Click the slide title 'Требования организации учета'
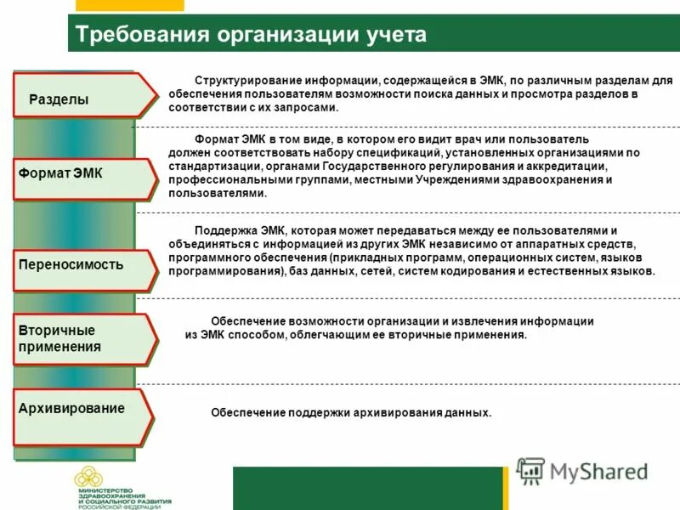tap(251, 36)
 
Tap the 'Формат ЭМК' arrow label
tap(59, 173)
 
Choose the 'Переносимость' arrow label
tap(71, 264)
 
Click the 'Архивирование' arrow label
tap(71, 408)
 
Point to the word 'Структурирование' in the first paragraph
tap(242, 80)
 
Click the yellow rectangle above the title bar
tap(128, 5)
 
